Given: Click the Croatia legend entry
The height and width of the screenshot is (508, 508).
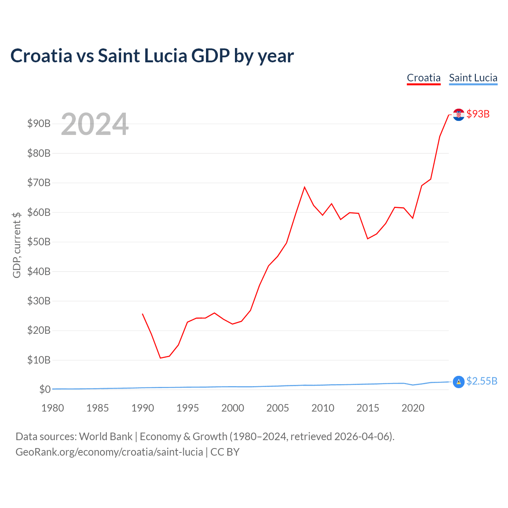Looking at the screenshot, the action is pos(423,78).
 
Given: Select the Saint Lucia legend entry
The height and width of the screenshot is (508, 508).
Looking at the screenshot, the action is pos(473,78).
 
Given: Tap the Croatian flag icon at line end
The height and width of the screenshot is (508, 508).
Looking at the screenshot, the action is pos(458,115).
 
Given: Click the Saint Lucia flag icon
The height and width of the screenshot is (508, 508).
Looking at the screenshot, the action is pos(458,382).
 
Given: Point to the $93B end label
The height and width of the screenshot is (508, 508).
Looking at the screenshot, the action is pos(478,114).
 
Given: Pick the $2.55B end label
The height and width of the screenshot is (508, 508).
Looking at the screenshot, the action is pos(482,381).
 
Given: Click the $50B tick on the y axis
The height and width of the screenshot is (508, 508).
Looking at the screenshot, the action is pos(39,242).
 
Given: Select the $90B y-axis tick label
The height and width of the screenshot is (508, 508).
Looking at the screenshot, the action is pos(39,123).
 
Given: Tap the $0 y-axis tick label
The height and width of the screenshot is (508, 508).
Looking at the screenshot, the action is pos(45,389).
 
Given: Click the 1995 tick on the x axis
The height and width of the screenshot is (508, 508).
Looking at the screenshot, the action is pos(187,408).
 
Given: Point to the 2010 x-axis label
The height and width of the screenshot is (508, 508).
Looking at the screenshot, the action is pos(323,408).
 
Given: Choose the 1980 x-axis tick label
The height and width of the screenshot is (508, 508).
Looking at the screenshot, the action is pos(52,408).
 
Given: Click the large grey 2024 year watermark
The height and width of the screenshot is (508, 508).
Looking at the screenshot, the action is pos(94,124).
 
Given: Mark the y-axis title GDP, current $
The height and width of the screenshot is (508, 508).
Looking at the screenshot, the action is pos(17,245).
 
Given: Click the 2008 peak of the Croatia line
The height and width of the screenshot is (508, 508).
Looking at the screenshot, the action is pos(304,187).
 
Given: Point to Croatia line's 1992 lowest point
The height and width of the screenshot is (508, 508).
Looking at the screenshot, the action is pos(160,358).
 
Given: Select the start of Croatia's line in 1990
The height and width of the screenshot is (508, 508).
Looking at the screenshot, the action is pos(142,314).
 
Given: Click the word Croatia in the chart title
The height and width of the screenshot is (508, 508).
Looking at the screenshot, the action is pos(41,56).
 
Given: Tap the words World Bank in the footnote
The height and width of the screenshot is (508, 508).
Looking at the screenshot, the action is pos(106,437).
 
